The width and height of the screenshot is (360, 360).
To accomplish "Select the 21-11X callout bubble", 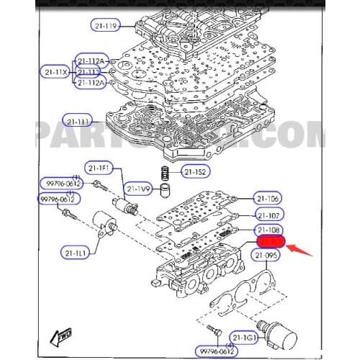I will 55,72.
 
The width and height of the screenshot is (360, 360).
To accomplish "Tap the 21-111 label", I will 78,120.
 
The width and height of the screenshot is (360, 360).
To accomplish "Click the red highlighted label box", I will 270,245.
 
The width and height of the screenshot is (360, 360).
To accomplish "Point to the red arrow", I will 302,251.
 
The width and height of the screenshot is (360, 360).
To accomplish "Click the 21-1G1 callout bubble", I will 245,337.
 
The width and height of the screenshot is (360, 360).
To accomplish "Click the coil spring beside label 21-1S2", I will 164,174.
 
